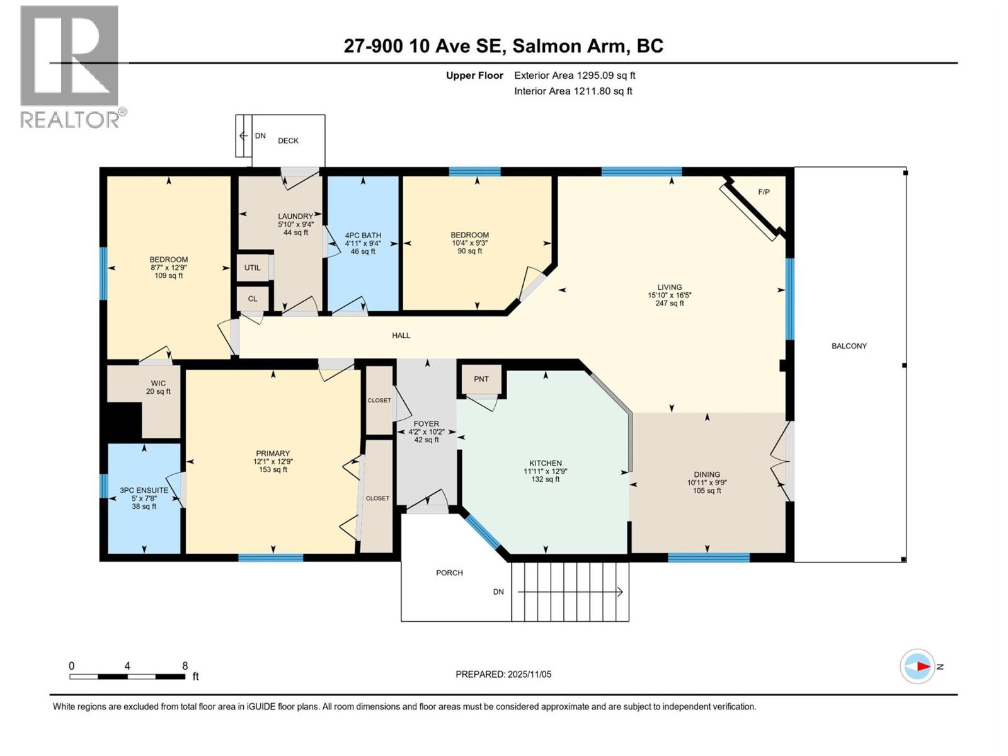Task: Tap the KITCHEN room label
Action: (x=545, y=463)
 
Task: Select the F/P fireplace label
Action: (x=764, y=192)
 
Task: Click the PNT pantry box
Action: (x=481, y=379)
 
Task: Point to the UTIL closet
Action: (x=252, y=268)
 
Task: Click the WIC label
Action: (x=158, y=383)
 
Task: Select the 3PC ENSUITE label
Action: (x=144, y=490)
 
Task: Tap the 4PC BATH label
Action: (x=363, y=236)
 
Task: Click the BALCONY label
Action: (x=849, y=346)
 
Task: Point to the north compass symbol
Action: (x=919, y=666)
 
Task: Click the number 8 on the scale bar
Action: (x=185, y=666)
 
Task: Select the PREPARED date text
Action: (x=503, y=674)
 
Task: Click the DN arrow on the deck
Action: (x=243, y=135)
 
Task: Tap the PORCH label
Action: (x=449, y=573)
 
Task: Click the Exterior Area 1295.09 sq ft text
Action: (x=575, y=76)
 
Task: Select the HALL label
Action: (x=401, y=335)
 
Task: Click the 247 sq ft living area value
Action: (x=669, y=303)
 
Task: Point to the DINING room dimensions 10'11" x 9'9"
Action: (x=707, y=483)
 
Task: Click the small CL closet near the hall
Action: (x=252, y=299)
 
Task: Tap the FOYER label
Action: (x=427, y=424)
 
